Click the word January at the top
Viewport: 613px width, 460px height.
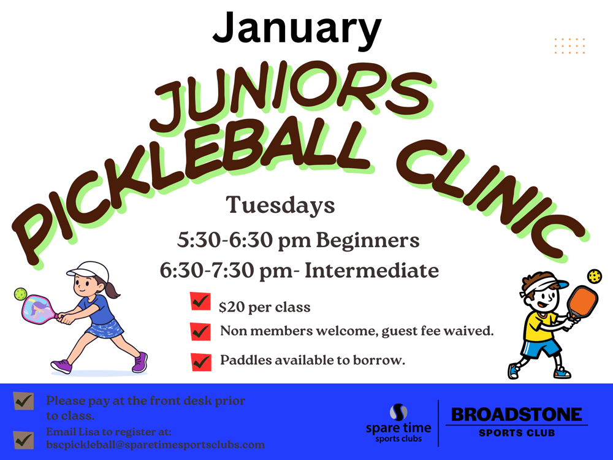(297, 29)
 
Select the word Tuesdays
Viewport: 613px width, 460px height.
(280, 205)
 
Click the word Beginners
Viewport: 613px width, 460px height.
(367, 240)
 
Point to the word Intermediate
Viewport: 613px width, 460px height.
(372, 270)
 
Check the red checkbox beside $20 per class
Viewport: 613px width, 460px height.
(200, 302)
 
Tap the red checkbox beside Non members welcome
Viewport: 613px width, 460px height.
(200, 332)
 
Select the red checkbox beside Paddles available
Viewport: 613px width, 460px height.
(201, 362)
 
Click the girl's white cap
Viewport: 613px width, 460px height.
(90, 269)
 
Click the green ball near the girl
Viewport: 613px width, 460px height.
(20, 294)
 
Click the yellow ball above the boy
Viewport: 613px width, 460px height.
(595, 276)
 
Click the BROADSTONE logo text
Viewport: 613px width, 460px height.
(516, 415)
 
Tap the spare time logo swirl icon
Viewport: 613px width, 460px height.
(398, 412)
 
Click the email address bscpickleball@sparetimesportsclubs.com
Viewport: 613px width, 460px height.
(155, 445)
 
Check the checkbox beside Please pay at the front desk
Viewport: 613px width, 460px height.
(23, 401)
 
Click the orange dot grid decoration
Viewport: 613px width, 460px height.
(569, 46)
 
